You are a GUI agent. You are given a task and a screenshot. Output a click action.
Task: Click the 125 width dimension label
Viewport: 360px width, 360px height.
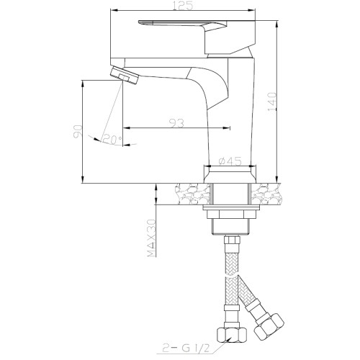point(183,6)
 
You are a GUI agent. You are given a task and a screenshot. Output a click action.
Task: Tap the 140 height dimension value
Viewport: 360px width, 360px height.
point(272,103)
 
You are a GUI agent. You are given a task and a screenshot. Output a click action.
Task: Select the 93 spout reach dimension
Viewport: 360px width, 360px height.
point(176,123)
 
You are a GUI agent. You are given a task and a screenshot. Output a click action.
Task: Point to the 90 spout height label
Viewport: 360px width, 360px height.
point(78,132)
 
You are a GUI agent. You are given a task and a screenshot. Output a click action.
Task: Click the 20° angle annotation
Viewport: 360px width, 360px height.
point(112,139)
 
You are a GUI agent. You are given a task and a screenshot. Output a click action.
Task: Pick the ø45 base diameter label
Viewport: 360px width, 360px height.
point(230,161)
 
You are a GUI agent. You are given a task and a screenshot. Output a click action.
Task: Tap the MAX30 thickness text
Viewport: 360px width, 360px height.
point(151,238)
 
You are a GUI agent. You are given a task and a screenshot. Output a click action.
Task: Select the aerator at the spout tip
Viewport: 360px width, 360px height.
point(125,75)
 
